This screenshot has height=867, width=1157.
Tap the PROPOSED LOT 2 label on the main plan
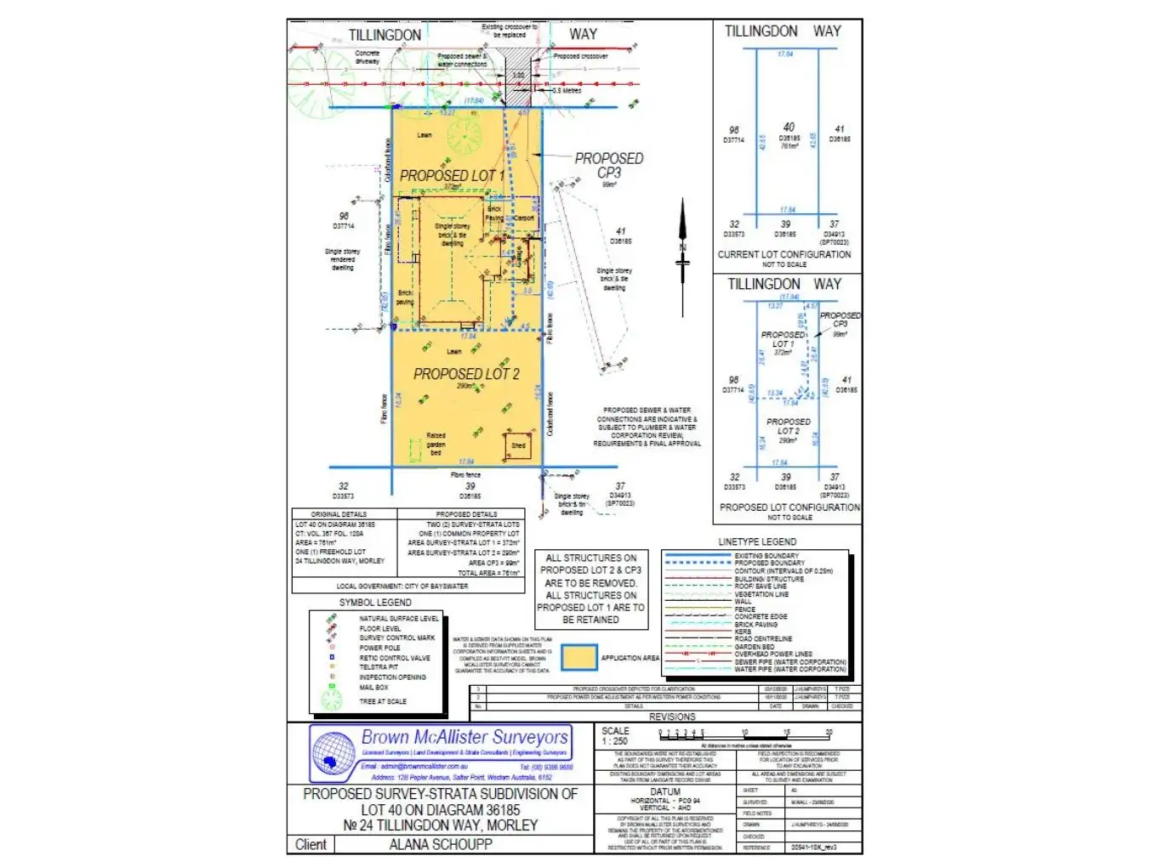click(x=466, y=374)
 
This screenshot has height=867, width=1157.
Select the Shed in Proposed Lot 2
click(x=518, y=446)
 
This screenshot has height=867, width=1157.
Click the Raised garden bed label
click(x=436, y=444)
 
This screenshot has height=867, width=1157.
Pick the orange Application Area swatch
click(x=578, y=658)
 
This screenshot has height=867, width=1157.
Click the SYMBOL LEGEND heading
click(x=375, y=602)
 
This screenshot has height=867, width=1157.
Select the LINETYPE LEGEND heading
click(x=757, y=541)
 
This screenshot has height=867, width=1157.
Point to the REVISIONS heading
click(x=672, y=717)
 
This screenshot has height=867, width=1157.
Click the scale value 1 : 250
click(x=614, y=741)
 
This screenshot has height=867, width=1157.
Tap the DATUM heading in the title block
click(x=665, y=791)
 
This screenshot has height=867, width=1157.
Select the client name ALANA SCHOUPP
click(x=441, y=844)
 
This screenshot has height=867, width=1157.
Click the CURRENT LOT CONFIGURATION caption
click(x=784, y=254)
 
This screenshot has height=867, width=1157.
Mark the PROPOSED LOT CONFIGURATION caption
click(x=789, y=507)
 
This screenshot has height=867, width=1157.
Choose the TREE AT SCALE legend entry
click(x=383, y=701)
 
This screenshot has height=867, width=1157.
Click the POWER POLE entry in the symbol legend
click(x=379, y=648)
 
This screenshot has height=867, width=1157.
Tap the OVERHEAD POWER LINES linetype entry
click(x=773, y=654)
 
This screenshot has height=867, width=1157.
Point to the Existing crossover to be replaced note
click(x=510, y=31)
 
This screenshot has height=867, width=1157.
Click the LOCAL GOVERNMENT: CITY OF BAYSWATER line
click(x=402, y=586)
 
